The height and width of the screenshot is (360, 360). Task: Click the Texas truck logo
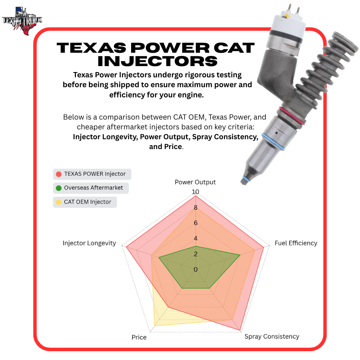tap(22, 21)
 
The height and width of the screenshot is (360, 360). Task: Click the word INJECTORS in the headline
tap(157, 61)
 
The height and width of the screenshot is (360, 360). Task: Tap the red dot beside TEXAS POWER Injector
tap(59, 174)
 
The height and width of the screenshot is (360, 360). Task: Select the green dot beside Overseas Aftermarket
tap(59, 188)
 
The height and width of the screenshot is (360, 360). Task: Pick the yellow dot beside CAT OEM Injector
tap(59, 202)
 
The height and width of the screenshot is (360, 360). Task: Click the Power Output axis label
tap(195, 182)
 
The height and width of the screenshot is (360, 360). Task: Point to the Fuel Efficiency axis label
tap(296, 243)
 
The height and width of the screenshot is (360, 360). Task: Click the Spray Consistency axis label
tap(272, 336)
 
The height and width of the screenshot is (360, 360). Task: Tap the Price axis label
tap(139, 337)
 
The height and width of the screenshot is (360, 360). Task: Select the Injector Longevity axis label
tap(89, 243)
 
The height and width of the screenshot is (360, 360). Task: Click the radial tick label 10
tap(195, 192)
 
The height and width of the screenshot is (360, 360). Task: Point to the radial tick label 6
tap(195, 223)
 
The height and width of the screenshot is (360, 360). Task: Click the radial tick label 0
tap(195, 269)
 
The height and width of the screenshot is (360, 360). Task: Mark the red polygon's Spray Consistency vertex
tap(240, 330)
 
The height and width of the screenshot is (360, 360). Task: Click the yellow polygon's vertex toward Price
tap(155, 326)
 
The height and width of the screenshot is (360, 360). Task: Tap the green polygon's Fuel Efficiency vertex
tap(240, 255)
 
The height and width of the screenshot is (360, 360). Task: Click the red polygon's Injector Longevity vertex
tap(126, 247)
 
